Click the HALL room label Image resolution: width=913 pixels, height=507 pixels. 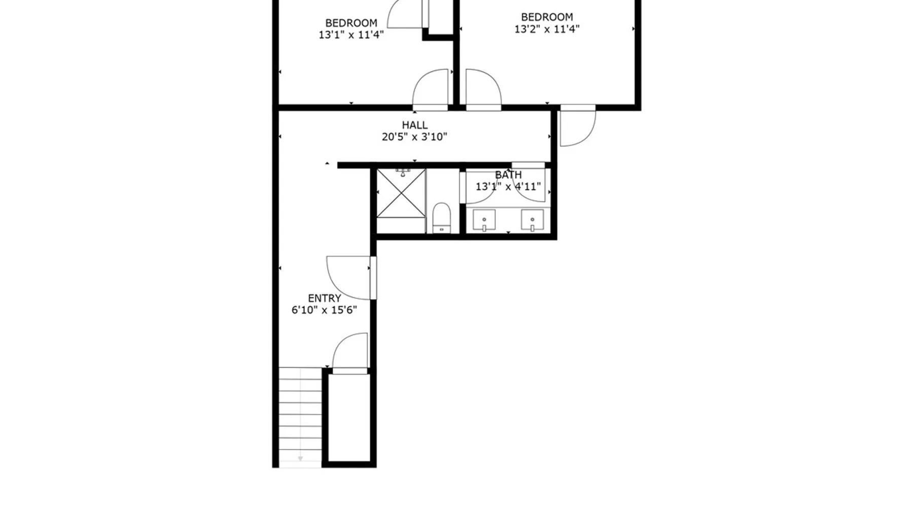(x=414, y=125)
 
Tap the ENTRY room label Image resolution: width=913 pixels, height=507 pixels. (x=324, y=298)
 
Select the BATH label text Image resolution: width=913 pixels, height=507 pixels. (x=508, y=174)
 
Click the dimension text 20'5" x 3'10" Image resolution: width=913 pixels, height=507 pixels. (x=414, y=137)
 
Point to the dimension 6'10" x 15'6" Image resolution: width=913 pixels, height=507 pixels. (x=324, y=310)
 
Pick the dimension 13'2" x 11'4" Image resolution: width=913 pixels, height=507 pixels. (x=547, y=29)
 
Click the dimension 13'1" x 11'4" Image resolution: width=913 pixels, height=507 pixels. (x=351, y=35)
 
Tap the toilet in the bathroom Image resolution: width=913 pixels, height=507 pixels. (x=442, y=218)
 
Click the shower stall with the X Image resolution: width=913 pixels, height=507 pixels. (x=401, y=193)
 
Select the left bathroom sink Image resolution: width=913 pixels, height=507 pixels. (x=484, y=220)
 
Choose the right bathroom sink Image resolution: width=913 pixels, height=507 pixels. (x=532, y=220)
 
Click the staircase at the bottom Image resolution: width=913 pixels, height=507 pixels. (x=300, y=415)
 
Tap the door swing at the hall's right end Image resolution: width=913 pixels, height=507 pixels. (x=578, y=127)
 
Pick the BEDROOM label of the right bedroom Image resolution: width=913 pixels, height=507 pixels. (x=547, y=17)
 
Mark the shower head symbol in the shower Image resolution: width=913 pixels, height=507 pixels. (x=403, y=173)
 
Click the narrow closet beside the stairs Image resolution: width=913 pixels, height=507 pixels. (x=348, y=418)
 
